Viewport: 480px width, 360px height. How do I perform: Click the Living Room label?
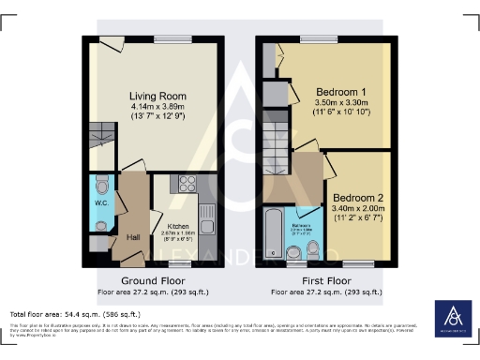tap(157, 96)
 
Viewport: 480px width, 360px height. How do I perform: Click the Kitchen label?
tap(180, 227)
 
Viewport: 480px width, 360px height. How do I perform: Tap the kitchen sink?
tap(207, 221)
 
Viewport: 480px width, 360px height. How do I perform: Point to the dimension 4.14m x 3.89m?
tap(157, 109)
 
